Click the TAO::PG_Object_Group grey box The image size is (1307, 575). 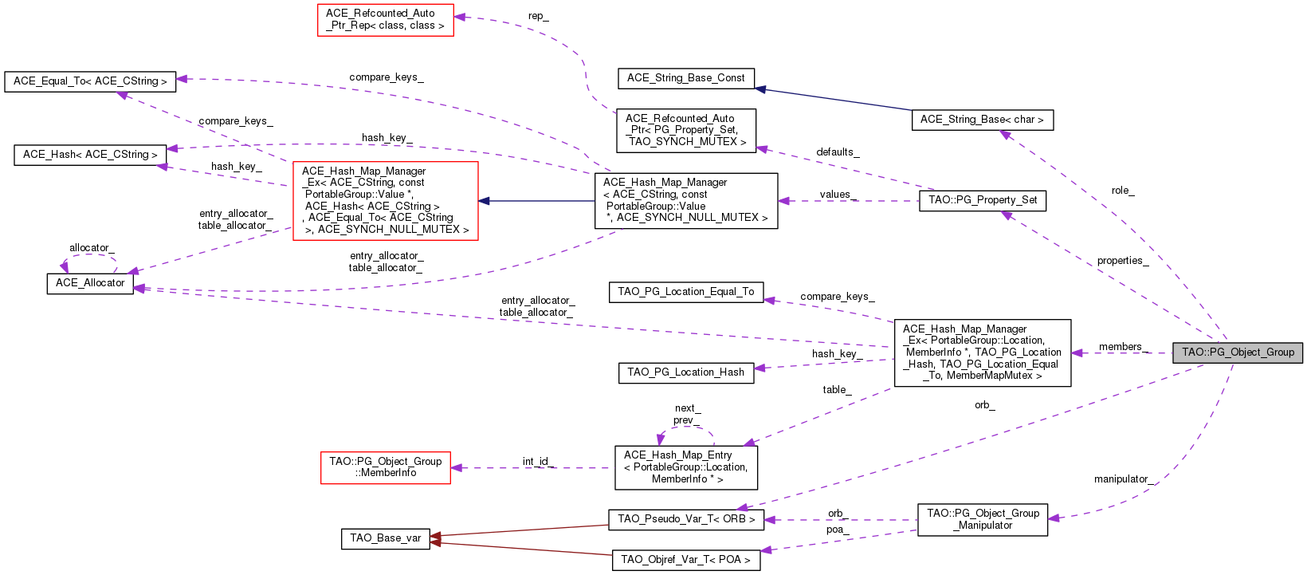pyautogui.click(x=1237, y=352)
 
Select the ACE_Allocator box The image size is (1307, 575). pyautogui.click(x=90, y=283)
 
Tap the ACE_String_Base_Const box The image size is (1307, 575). pyautogui.click(x=685, y=78)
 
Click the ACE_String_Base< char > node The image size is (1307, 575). pyautogui.click(x=981, y=120)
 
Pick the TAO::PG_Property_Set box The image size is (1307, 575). pyautogui.click(x=982, y=200)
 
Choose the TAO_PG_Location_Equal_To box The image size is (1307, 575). pyautogui.click(x=685, y=292)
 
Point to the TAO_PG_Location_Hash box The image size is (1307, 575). pyautogui.click(x=685, y=372)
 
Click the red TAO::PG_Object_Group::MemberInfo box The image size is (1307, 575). pyautogui.click(x=385, y=467)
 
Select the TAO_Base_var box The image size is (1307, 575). pyautogui.click(x=385, y=538)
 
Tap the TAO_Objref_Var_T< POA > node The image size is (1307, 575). pyautogui.click(x=685, y=560)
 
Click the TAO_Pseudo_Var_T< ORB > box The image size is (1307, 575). pyautogui.click(x=685, y=519)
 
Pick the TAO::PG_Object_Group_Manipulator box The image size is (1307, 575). pyautogui.click(x=982, y=519)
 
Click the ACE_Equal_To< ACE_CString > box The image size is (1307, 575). pyautogui.click(x=90, y=81)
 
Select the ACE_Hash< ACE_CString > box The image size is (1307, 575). pyautogui.click(x=90, y=155)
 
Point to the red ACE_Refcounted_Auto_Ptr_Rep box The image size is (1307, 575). pyautogui.click(x=385, y=20)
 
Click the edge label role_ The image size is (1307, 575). pyautogui.click(x=1122, y=191)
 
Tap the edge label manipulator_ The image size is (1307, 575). pyautogui.click(x=1121, y=479)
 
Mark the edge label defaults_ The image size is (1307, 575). pyautogui.click(x=837, y=152)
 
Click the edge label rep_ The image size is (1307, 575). pyautogui.click(x=538, y=17)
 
